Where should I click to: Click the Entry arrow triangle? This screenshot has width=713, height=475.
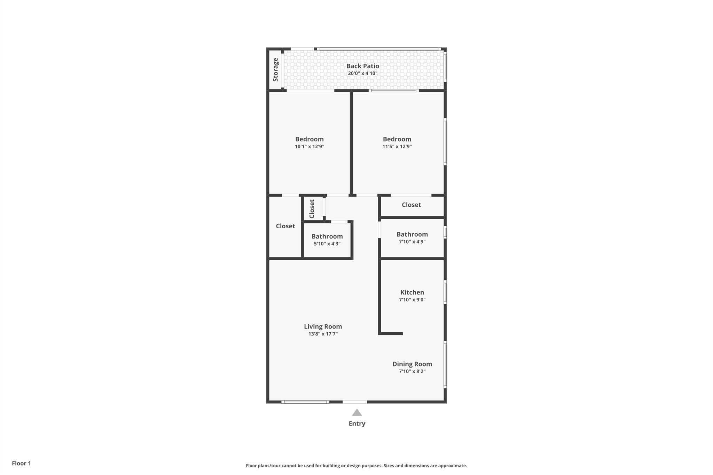[x=357, y=413]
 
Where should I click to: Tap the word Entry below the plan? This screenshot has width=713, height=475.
[x=357, y=423]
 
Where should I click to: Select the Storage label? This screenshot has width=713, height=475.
[x=275, y=70]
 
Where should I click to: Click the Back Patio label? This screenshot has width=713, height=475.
[x=362, y=66]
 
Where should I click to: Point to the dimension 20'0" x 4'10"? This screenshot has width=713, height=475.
[x=362, y=73]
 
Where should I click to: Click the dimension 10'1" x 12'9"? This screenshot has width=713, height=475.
[x=310, y=147]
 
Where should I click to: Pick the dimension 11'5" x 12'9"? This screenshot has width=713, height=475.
[x=397, y=147]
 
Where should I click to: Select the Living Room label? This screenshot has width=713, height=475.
[x=323, y=326]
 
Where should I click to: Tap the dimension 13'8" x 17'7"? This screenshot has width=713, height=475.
[x=323, y=334]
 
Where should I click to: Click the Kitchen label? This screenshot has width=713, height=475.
[x=412, y=292]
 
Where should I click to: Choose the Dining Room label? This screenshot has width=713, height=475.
[x=412, y=364]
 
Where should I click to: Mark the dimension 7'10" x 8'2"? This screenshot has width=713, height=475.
[x=412, y=371]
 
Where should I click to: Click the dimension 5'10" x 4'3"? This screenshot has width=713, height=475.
[x=327, y=244]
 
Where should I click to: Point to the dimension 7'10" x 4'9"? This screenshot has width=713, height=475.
[x=412, y=242]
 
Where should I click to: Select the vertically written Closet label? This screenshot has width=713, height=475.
[x=312, y=209]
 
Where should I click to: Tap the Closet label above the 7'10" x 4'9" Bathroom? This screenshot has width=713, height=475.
[x=411, y=205]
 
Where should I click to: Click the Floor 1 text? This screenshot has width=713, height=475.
[x=21, y=463]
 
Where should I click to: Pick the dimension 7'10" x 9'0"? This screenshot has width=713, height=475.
[x=412, y=300]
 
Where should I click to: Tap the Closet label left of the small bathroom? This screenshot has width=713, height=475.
[x=285, y=226]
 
